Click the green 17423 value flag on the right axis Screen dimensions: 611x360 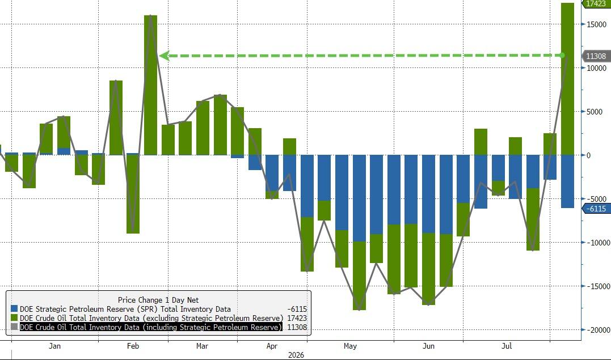[596, 3]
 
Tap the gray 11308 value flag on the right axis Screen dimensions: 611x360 [596, 56]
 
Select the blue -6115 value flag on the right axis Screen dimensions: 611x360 [596, 209]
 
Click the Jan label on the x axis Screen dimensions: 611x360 [55, 346]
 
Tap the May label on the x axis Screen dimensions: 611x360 [350, 346]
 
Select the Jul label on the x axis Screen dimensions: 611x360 [507, 346]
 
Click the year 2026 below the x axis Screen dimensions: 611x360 [296, 355]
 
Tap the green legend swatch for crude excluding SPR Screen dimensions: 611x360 [14, 318]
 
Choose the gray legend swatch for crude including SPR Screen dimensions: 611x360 [14, 327]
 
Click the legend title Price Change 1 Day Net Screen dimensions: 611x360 [158, 300]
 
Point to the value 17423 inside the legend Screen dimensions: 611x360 [297, 318]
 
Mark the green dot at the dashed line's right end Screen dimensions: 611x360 [562, 56]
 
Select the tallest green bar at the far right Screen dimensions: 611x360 [567, 79]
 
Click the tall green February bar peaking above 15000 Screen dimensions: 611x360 [150, 86]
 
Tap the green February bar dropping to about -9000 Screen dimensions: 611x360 [133, 194]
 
